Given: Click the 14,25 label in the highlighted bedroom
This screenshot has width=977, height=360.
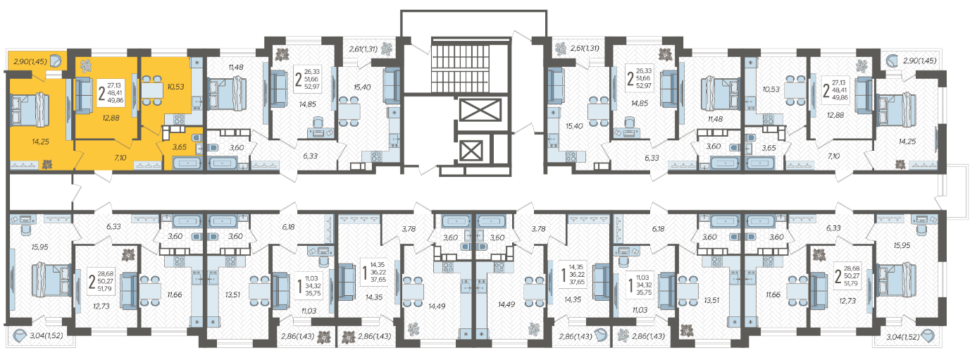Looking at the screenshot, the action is pos(41,142).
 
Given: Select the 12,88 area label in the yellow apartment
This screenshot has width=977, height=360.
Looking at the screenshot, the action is pos(111,118).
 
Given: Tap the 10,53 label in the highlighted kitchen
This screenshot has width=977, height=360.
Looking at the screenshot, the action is pos(176,87).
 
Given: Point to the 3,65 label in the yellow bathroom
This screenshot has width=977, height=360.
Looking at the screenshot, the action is pos(179,147).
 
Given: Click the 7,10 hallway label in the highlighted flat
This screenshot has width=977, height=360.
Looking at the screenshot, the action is pos(120,158).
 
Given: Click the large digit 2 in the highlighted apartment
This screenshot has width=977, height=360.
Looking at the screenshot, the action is pos(101,94).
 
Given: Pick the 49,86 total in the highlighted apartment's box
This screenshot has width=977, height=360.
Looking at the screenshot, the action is pos(116,100).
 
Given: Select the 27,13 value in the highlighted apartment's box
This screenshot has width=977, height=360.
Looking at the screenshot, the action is pos(114,85).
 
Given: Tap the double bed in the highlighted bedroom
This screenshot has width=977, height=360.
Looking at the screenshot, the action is pos(30,110).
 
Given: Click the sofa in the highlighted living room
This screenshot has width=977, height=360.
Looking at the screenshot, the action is pos(85,96).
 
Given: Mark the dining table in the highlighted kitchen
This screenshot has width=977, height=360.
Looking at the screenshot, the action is pos(151,91).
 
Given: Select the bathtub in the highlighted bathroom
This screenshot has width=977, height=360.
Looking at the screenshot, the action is pos(187,163).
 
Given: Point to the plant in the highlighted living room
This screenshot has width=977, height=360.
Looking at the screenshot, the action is pos(85,66).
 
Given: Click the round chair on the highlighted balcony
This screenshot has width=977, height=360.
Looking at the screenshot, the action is pos(55,61).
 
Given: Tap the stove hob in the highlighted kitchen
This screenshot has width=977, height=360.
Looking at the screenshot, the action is pos(179,118).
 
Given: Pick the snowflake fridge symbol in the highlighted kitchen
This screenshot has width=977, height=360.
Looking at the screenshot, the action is pos(197,63).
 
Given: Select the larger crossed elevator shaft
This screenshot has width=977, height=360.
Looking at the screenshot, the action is pos(480,109).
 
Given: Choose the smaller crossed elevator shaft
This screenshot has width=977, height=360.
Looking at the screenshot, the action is pos(471,151).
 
